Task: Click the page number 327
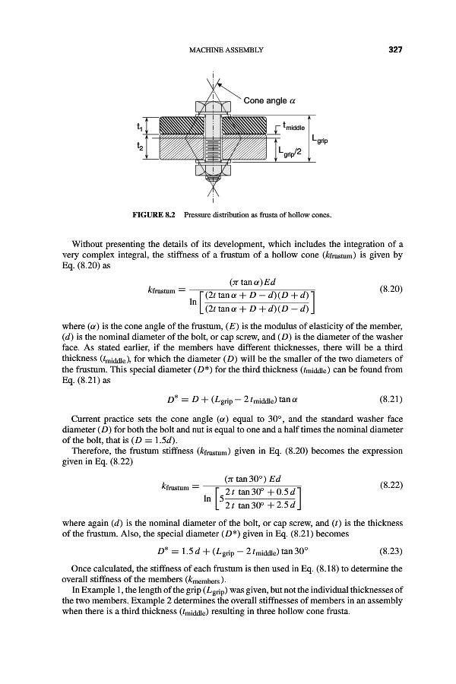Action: click(x=394, y=50)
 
